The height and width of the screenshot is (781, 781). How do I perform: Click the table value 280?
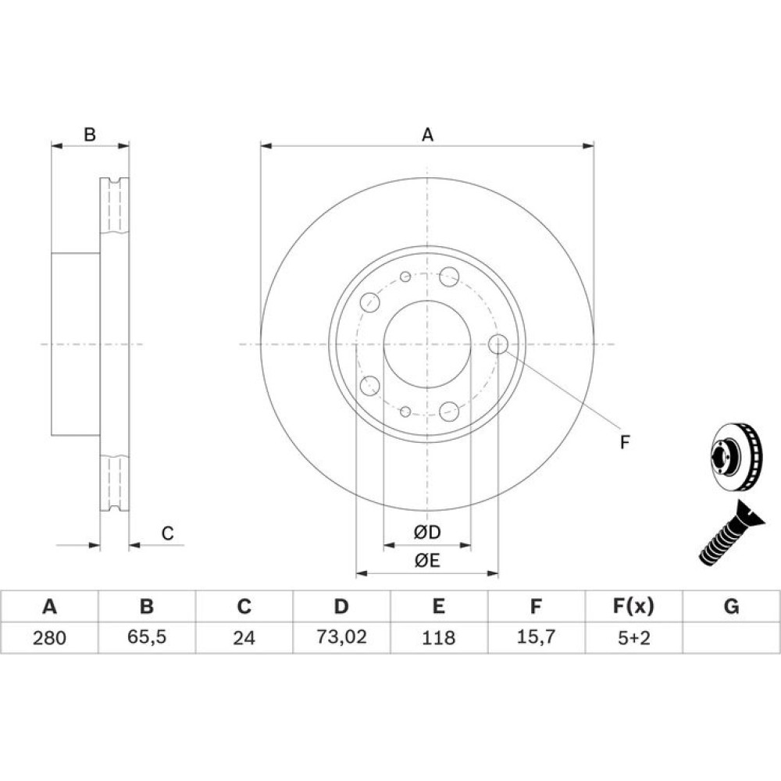coord(49,637)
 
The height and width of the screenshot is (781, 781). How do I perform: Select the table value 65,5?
coord(147,637)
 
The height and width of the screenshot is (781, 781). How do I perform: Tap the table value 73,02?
coord(341,637)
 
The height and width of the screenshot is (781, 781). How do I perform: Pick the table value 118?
coord(438,637)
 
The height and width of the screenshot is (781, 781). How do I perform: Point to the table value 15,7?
coord(536,637)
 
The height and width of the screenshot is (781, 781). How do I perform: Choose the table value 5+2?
coord(633,637)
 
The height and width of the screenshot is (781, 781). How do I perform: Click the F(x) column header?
coord(633,606)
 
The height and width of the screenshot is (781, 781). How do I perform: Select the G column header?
coord(731,606)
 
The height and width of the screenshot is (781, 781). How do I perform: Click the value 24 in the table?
coord(244,637)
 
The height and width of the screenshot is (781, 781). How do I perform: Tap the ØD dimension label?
coord(427,533)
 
